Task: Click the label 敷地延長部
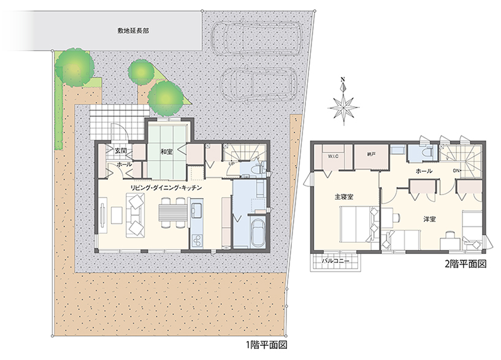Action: pos(133,31)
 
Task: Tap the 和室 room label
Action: pos(166,152)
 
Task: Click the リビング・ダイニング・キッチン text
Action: pos(166,188)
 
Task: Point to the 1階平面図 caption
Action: pos(267,345)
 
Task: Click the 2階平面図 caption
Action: pos(465,264)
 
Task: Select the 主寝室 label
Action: pos(344,197)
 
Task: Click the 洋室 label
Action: pos(430,220)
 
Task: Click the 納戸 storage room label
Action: pos(371,155)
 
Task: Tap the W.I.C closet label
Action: pos(333,156)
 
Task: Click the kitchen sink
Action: pos(197,210)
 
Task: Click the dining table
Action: pos(172,213)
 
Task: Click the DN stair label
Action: pos(456,170)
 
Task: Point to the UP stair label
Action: pos(231,164)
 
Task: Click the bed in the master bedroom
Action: pos(359,224)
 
